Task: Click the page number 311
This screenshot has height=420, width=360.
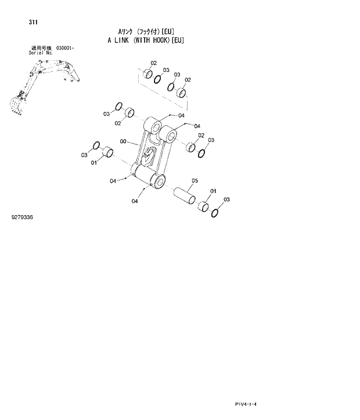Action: (33, 22)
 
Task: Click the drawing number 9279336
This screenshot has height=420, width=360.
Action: (22, 217)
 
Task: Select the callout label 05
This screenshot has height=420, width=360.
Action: (195, 180)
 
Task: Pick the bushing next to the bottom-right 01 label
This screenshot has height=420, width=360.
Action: (203, 207)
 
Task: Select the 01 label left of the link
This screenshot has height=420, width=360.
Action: (93, 162)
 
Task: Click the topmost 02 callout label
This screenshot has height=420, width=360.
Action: (154, 63)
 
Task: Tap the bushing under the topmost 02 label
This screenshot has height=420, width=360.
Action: (148, 74)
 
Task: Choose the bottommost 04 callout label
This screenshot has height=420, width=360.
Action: (135, 201)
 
